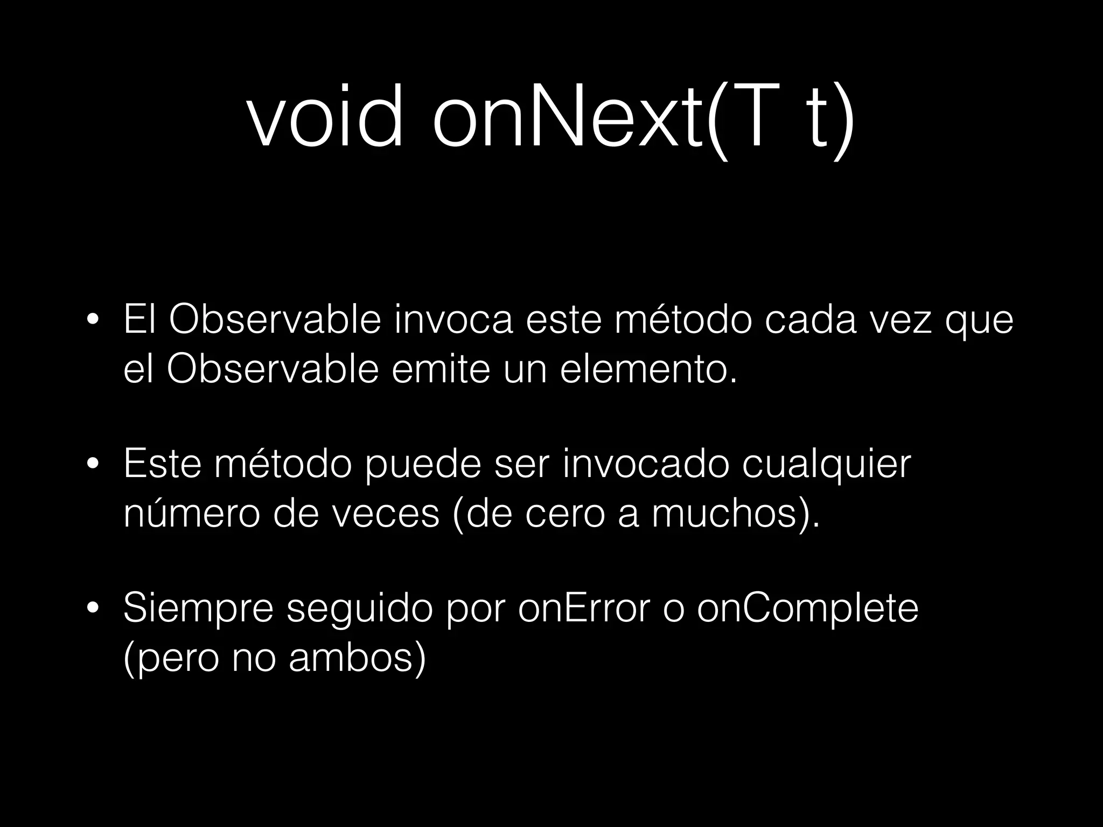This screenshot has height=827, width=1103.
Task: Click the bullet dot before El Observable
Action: pyautogui.click(x=93, y=320)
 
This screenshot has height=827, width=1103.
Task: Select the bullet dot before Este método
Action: pyautogui.click(x=93, y=464)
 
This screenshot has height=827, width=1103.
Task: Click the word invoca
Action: pyautogui.click(x=453, y=320)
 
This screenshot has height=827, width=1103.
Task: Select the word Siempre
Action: pyautogui.click(x=198, y=608)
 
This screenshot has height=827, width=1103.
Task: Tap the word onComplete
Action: pyautogui.click(x=808, y=608)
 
